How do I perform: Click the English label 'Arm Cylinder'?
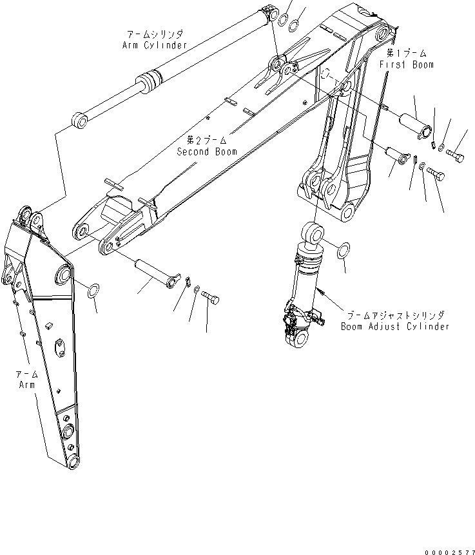[154, 45]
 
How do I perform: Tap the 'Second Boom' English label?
[207, 151]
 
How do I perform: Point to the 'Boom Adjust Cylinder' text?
[394, 327]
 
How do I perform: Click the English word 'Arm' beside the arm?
[27, 385]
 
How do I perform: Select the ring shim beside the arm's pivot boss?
[93, 291]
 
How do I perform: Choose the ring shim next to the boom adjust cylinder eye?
[345, 249]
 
